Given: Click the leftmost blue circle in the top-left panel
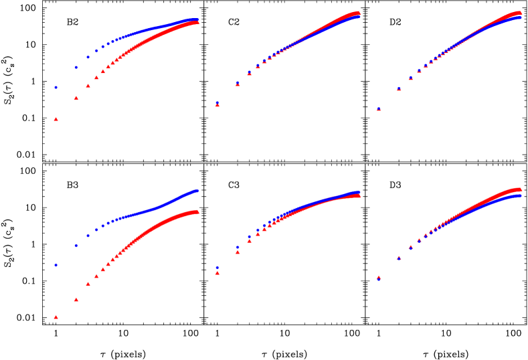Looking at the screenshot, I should coord(56,87).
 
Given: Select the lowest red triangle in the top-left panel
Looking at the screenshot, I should coord(56,119).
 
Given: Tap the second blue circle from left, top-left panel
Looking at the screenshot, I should coord(76,67).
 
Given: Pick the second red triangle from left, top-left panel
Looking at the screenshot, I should coord(76,98).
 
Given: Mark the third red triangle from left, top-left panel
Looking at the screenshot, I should coord(88,86).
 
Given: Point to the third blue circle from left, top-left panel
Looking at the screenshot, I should coord(88,57).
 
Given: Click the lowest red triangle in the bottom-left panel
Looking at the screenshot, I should coord(56,317).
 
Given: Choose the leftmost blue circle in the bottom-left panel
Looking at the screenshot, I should coord(56,265).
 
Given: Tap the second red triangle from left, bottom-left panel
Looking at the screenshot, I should coord(76,299).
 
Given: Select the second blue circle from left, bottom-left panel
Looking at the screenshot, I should coord(76,245).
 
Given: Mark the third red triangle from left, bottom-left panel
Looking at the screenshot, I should coord(88,283).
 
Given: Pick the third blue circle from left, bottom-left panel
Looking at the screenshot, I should coord(88,235).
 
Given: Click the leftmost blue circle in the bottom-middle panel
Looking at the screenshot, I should coord(217,267).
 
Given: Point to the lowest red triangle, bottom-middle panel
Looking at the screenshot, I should coord(217,272).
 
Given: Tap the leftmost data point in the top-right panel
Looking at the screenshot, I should coord(378,108).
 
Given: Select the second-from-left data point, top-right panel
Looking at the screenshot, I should coord(398,88).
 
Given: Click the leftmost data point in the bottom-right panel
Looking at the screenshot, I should coord(378,277).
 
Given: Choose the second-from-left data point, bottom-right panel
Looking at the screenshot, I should coord(398,258).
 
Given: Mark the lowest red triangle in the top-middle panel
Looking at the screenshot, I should coord(217,104).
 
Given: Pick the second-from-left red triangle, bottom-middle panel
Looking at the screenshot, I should coord(237,252).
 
